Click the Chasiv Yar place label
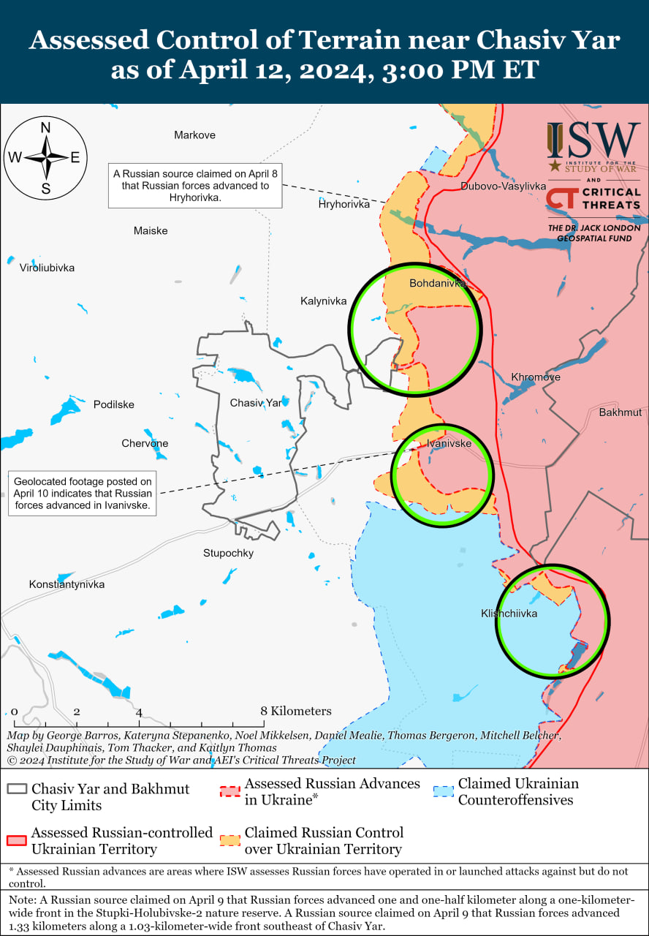pos(255,403)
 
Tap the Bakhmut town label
pos(620,412)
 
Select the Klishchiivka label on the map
pos(509,614)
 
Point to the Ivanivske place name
pos(449,443)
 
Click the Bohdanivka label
pos(437,283)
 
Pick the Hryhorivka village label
pos(344,204)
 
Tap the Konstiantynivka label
pos(67,584)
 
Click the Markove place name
pos(194,135)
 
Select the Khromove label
pos(536,377)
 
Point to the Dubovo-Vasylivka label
pos(503,186)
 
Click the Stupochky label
pos(228,553)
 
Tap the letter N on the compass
pos(45,127)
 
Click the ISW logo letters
pos(593,140)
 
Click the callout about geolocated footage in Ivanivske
pos(83,493)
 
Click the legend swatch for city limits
pos(16,790)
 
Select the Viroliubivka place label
pos(47,268)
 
